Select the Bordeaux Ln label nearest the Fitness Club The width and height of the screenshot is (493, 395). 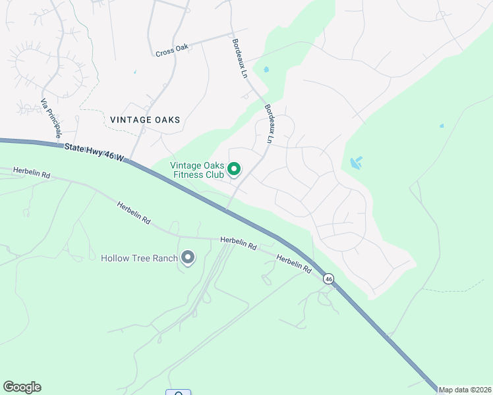coord(268,124)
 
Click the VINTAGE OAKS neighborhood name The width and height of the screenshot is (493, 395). coord(145,120)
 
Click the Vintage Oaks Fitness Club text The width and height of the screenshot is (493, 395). coord(197,170)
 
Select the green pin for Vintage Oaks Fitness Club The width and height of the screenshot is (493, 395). coord(234,171)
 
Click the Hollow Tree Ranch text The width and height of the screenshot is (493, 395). coord(139,258)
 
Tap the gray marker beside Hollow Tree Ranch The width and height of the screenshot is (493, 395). coord(188,257)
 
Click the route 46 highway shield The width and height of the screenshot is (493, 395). coord(329,280)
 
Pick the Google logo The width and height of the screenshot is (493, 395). coord(22,387)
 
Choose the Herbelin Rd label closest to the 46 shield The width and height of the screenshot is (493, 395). coord(294,264)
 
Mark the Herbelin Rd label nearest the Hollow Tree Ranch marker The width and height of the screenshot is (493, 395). coord(239,243)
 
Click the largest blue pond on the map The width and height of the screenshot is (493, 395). coord(356,163)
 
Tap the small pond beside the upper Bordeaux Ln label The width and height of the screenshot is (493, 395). coord(266,69)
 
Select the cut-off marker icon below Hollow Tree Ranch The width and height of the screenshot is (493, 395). coord(179,393)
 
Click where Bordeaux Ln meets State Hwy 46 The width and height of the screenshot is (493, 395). coord(226,210)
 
